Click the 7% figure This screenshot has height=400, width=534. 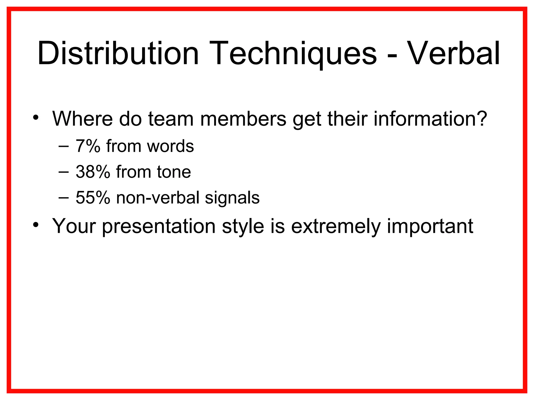(x=88, y=146)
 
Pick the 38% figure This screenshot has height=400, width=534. (x=93, y=172)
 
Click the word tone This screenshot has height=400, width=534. (x=174, y=172)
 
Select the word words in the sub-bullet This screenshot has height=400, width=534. (x=170, y=146)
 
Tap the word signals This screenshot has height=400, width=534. (x=232, y=198)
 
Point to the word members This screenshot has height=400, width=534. (x=243, y=119)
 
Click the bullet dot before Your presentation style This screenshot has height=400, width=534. (x=36, y=224)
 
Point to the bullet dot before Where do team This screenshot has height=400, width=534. (x=36, y=117)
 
